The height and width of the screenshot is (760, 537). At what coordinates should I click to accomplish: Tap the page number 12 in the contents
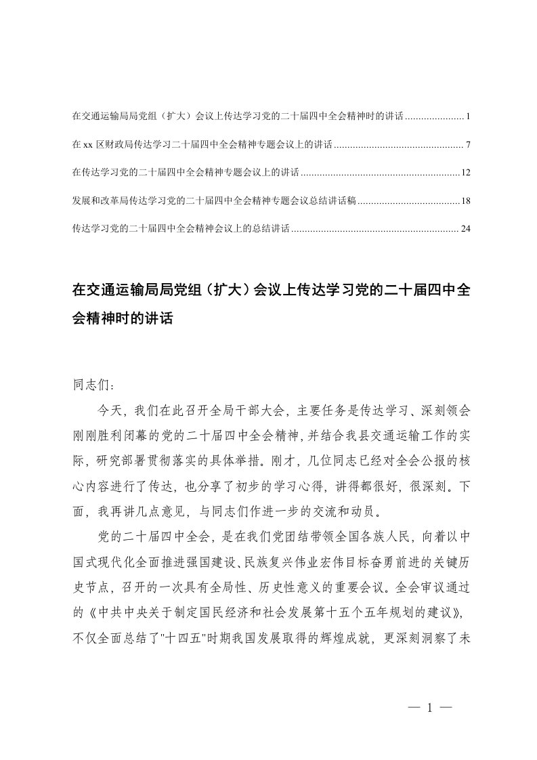click(x=465, y=173)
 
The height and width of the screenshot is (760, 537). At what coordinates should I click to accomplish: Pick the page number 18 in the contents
click(x=465, y=200)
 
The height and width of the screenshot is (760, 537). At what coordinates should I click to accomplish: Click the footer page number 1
click(x=430, y=707)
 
